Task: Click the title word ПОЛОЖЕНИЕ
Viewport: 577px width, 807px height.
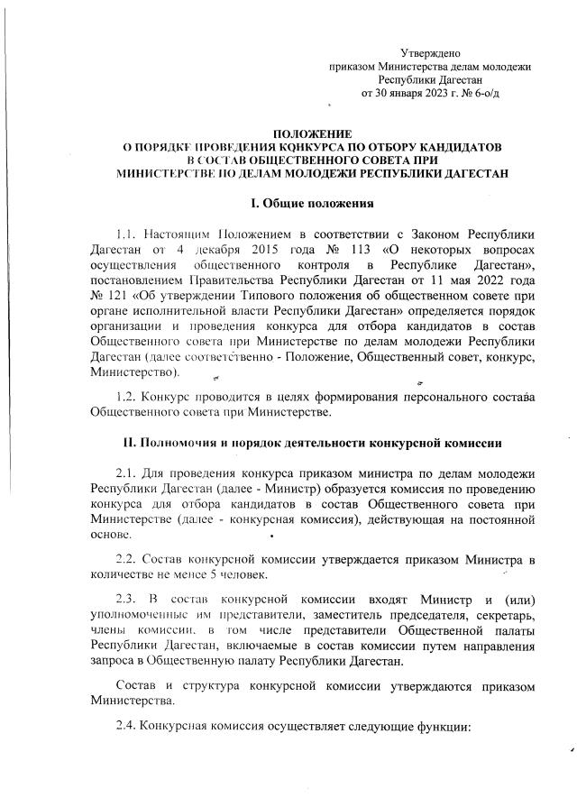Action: pyautogui.click(x=314, y=133)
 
